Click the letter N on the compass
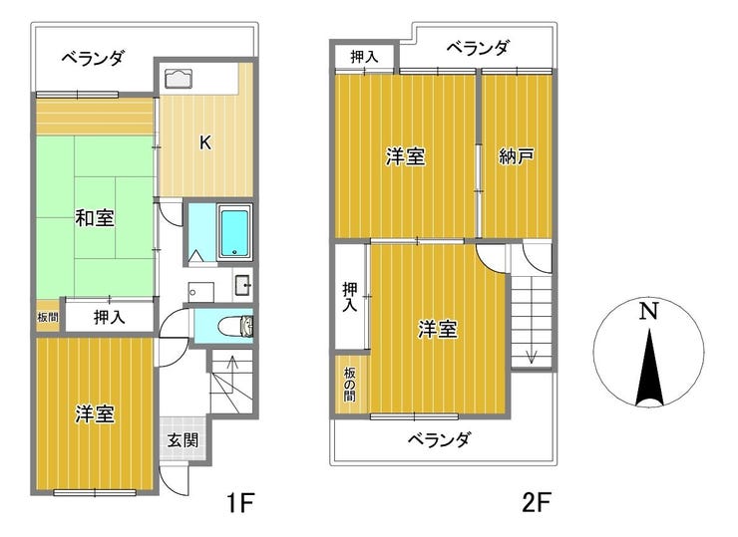pyautogui.click(x=649, y=311)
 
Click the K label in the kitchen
pyautogui.click(x=204, y=142)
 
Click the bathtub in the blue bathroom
pyautogui.click(x=234, y=231)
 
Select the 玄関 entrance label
pyautogui.click(x=183, y=439)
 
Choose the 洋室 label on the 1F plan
pyautogui.click(x=94, y=413)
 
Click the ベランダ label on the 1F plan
pyautogui.click(x=93, y=58)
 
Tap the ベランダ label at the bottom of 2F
pyautogui.click(x=439, y=439)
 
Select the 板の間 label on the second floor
pyautogui.click(x=350, y=384)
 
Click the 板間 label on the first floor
pyautogui.click(x=48, y=318)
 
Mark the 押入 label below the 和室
pyautogui.click(x=109, y=318)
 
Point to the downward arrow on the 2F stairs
pyautogui.click(x=532, y=354)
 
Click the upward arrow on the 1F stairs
pyautogui.click(x=231, y=367)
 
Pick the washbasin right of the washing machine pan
pyautogui.click(x=242, y=285)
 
